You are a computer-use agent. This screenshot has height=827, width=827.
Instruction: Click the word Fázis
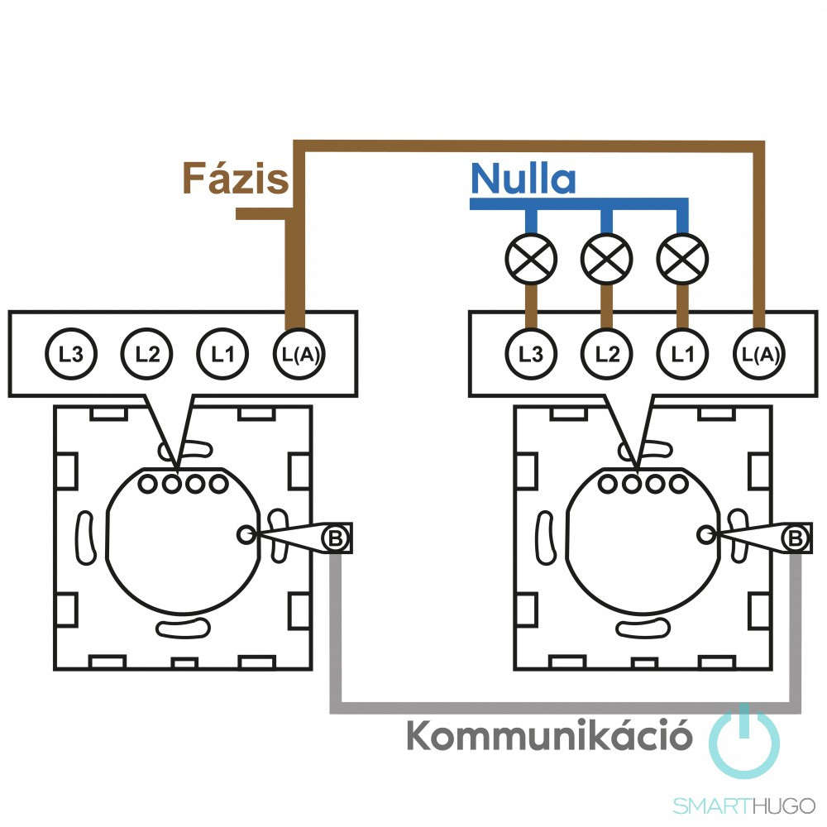(235, 177)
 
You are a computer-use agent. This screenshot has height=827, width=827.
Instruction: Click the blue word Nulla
(523, 179)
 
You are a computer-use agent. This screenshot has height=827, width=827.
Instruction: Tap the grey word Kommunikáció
(549, 735)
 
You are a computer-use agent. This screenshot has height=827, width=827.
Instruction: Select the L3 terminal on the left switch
(72, 354)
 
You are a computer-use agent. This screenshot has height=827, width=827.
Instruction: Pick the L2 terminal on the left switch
(146, 354)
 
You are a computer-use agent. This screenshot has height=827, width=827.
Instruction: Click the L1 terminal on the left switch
(221, 354)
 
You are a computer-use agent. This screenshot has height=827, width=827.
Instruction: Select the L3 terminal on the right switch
(531, 354)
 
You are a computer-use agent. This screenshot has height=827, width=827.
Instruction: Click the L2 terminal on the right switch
(607, 354)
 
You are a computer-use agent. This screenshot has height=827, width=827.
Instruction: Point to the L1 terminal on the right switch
(682, 354)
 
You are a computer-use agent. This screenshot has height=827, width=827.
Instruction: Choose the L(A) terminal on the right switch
(759, 354)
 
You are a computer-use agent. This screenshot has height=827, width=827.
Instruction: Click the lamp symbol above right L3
(532, 260)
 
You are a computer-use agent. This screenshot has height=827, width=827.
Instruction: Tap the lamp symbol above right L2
(607, 260)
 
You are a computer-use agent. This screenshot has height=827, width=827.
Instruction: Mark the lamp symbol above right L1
(682, 260)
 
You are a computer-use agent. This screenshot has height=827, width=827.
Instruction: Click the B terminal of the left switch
(336, 538)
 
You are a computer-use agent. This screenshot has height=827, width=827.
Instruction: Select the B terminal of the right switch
(796, 538)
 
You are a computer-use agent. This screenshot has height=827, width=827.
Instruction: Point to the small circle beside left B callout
(246, 534)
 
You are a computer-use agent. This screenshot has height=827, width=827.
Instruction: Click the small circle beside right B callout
(705, 534)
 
